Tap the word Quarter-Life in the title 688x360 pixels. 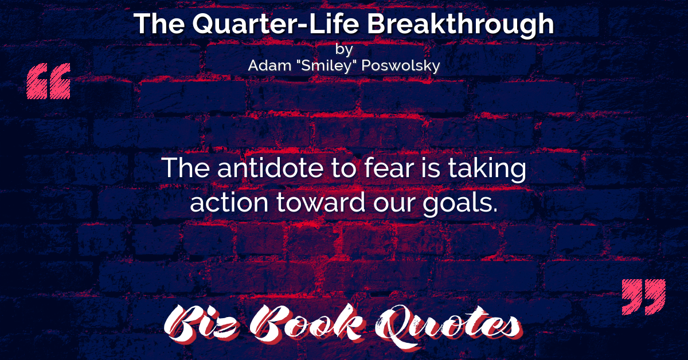(x=276, y=24)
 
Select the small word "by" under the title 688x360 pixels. (x=344, y=49)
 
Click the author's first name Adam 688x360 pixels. (x=269, y=65)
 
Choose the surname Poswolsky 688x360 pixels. (x=401, y=66)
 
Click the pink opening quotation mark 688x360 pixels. (x=49, y=81)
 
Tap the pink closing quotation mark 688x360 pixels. (x=644, y=297)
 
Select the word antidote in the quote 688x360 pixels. (x=270, y=168)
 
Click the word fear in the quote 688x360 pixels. (x=389, y=168)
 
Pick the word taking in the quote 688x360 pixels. (x=487, y=169)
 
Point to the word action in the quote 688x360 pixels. (x=229, y=202)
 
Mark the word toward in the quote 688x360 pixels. (x=320, y=202)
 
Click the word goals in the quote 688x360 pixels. (x=460, y=204)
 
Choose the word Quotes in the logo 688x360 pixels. (x=448, y=326)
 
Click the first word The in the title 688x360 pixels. (x=159, y=24)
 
